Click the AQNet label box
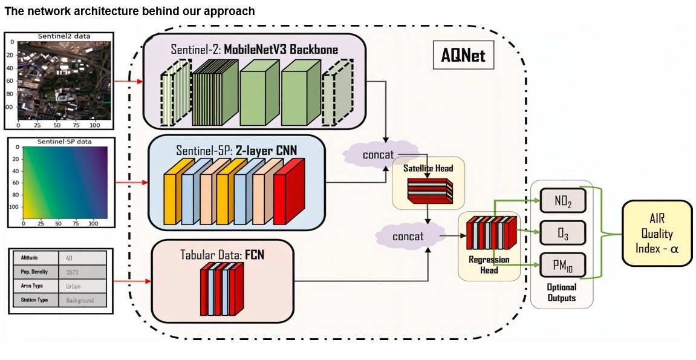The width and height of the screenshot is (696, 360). pyautogui.click(x=463, y=57)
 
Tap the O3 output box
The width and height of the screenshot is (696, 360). pyautogui.click(x=562, y=232)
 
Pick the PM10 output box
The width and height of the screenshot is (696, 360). pyautogui.click(x=562, y=264)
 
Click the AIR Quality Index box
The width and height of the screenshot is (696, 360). pyautogui.click(x=657, y=234)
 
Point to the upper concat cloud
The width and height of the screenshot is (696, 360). pyautogui.click(x=378, y=155)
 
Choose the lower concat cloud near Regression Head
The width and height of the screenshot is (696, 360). pyautogui.click(x=408, y=237)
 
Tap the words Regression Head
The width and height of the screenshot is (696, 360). pyautogui.click(x=489, y=265)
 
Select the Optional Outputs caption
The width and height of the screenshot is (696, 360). pyautogui.click(x=561, y=292)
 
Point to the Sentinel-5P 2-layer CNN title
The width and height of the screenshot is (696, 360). pyautogui.click(x=236, y=149)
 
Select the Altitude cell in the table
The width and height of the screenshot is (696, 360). pyautogui.click(x=34, y=257)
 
